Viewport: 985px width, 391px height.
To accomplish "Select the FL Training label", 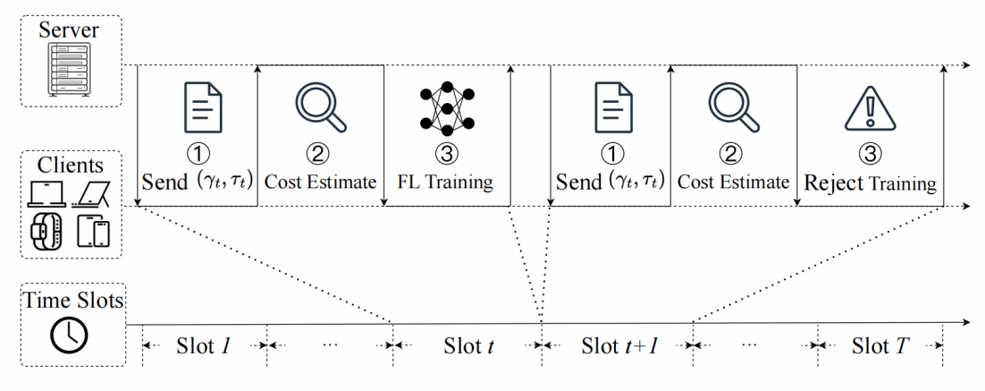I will pyautogui.click(x=445, y=183).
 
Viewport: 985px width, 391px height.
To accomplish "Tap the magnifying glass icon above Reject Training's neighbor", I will pyautogui.click(x=734, y=108).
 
